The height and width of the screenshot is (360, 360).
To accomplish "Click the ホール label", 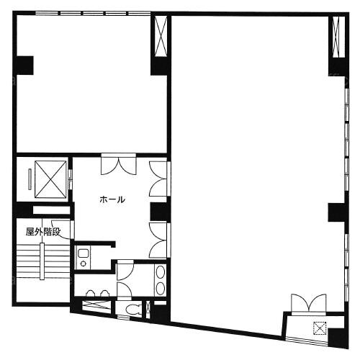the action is click(112, 199).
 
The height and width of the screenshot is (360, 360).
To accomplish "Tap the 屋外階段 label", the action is click(43, 232).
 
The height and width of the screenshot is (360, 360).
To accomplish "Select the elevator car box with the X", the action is click(50, 179).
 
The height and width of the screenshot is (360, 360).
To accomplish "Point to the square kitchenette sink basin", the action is click(84, 253).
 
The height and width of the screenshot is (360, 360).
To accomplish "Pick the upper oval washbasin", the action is click(160, 273).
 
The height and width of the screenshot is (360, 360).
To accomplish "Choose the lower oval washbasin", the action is click(160, 288).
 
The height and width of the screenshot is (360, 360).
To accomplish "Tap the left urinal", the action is click(91, 294).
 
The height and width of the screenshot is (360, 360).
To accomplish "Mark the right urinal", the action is click(104, 294).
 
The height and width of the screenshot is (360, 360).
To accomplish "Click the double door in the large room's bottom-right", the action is click(309, 304).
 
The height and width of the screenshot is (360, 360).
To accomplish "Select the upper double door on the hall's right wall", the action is click(159, 179).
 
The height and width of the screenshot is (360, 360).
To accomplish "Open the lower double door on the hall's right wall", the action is click(159, 240).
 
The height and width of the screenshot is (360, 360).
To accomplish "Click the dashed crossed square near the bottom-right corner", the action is click(320, 328).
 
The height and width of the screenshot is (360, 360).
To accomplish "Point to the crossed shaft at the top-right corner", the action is click(338, 37).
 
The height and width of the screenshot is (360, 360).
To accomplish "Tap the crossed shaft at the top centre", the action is click(161, 36).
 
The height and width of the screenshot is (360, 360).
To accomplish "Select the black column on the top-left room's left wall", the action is click(24, 66).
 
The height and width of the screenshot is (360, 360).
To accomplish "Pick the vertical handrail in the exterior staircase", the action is click(42, 261).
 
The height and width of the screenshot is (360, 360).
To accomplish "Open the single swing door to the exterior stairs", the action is click(63, 229).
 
